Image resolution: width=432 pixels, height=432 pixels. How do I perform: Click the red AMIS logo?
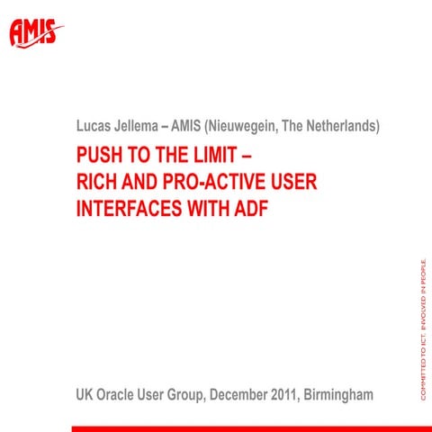click(x=37, y=33)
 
